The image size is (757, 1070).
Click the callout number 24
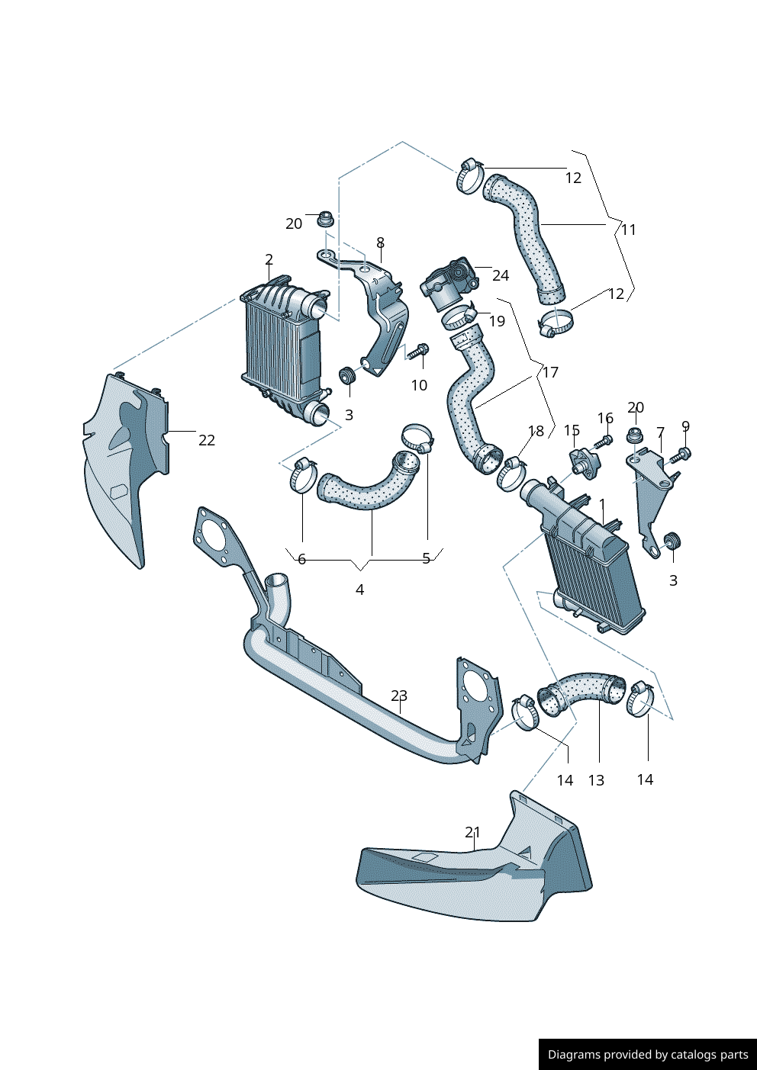click(500, 275)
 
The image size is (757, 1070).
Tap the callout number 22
click(207, 440)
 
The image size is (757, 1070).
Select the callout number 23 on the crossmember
click(399, 696)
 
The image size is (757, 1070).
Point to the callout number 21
click(473, 832)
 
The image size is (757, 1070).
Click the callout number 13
click(596, 780)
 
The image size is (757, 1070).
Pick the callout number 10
click(419, 385)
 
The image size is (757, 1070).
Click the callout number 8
click(380, 243)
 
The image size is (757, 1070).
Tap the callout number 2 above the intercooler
click(269, 260)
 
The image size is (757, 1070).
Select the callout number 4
click(359, 590)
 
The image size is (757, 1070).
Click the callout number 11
click(628, 230)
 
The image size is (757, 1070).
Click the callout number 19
click(497, 321)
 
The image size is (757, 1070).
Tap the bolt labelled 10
click(418, 352)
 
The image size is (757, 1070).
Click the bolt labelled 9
click(682, 455)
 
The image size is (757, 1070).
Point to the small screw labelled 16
click(607, 440)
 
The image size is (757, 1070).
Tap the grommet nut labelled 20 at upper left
click(326, 220)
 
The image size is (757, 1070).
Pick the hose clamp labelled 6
click(303, 475)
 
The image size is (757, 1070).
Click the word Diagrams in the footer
click(573, 1055)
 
